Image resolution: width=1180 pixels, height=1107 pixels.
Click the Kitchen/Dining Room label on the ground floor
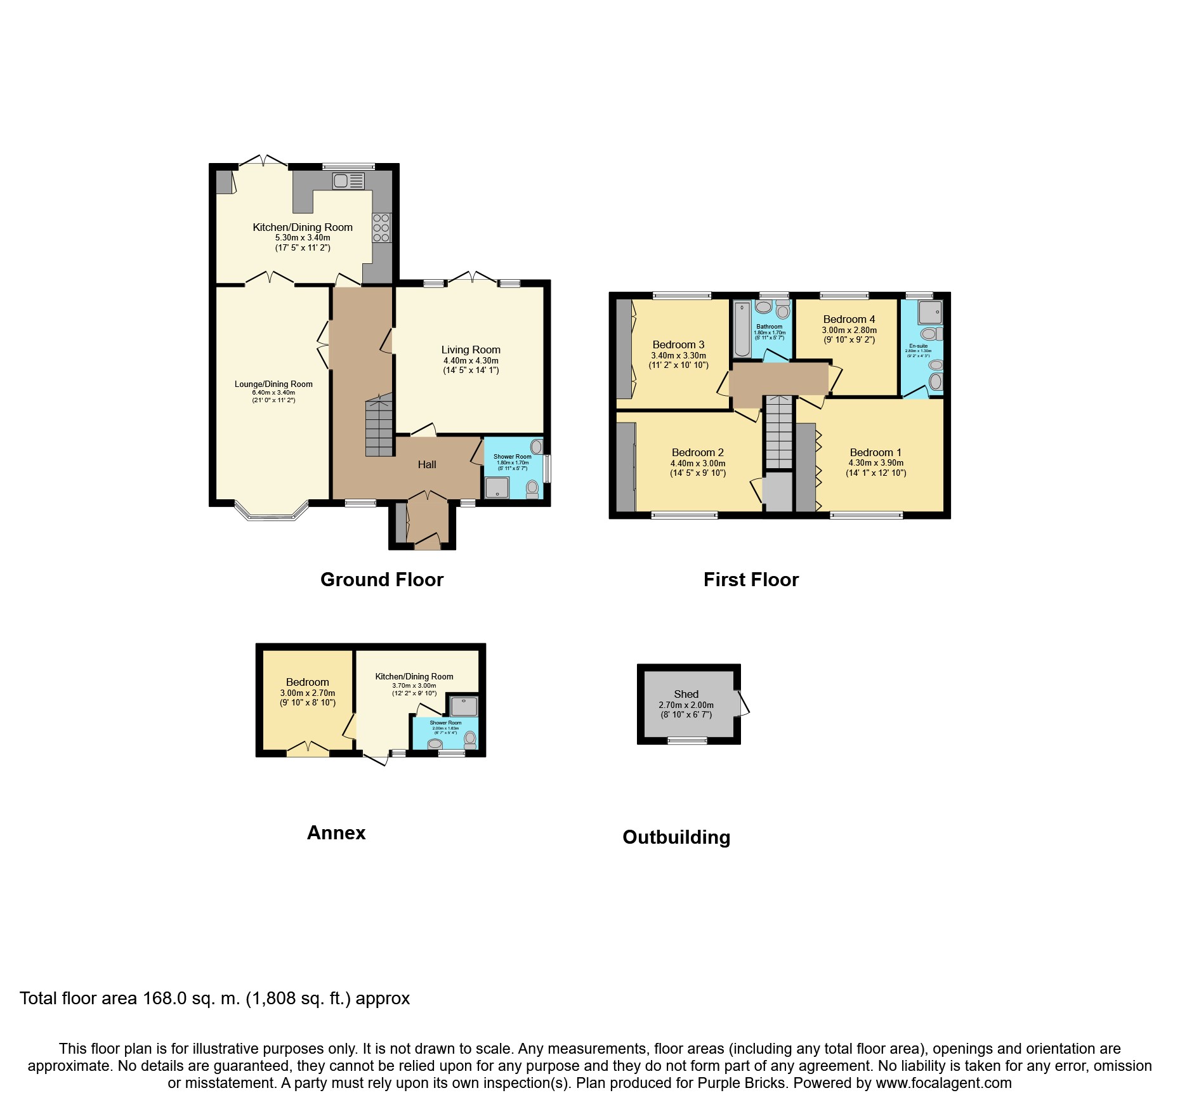[303, 227]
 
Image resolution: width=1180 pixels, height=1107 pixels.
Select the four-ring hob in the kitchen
[381, 228]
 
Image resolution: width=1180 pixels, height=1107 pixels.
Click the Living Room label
[471, 350]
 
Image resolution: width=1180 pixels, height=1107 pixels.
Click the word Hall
[427, 464]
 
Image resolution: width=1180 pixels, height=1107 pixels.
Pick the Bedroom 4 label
[849, 319]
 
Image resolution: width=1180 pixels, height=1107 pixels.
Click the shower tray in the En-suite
[930, 312]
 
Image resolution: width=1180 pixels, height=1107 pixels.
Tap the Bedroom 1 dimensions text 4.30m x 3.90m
[876, 463]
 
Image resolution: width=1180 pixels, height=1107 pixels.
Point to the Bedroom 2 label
[698, 452]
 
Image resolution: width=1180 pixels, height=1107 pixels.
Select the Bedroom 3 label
[678, 344]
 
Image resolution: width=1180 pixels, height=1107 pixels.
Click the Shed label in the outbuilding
[686, 694]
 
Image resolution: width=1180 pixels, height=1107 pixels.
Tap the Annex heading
[336, 832]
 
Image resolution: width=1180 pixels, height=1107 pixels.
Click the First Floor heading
[751, 579]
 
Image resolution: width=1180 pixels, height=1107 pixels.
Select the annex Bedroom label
[308, 682]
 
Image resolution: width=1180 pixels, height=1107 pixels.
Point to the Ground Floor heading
[382, 579]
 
